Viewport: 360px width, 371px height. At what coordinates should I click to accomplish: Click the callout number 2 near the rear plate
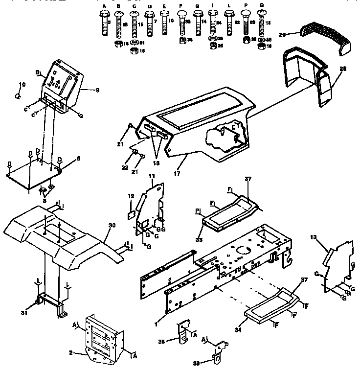click(70, 352)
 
